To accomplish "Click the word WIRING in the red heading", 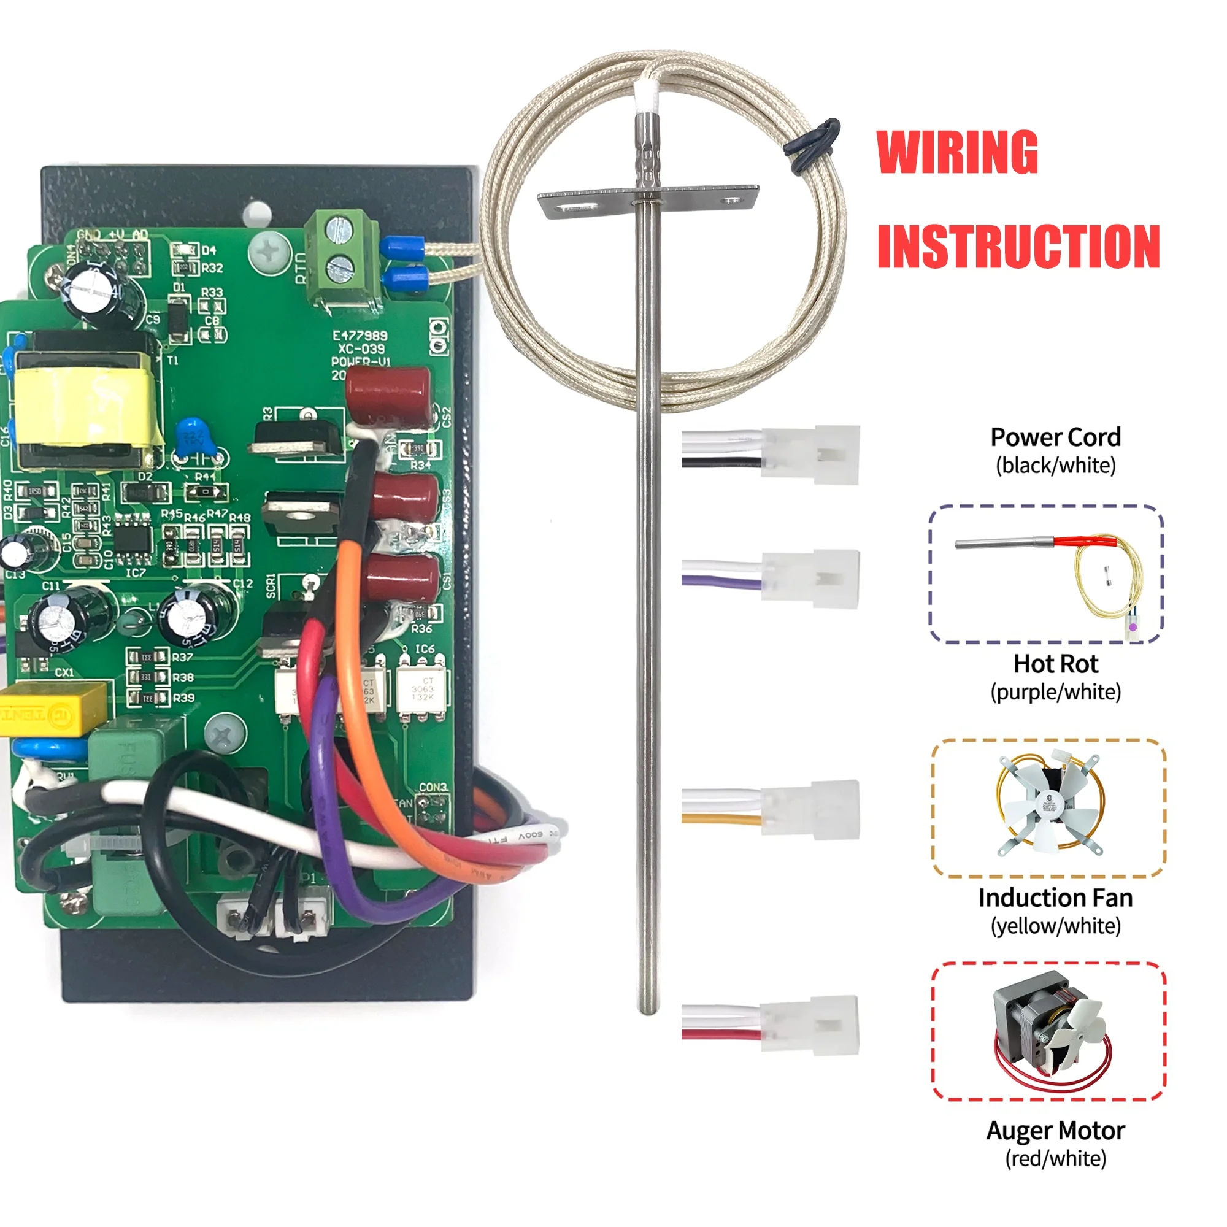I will tap(957, 152).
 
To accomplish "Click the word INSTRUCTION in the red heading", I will tap(1018, 247).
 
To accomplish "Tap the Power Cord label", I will tap(1055, 437).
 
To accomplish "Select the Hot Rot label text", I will tap(1055, 664).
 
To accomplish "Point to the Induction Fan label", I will tap(1055, 898).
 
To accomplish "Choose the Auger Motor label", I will tap(1055, 1131).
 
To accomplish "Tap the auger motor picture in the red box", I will tap(1049, 1032).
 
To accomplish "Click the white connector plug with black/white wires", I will tap(810, 454).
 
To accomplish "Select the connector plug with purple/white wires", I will tap(810, 578).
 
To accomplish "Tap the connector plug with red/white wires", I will tap(810, 1025).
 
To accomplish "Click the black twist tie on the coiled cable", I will tap(812, 145).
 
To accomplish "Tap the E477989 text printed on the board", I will tap(360, 336).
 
